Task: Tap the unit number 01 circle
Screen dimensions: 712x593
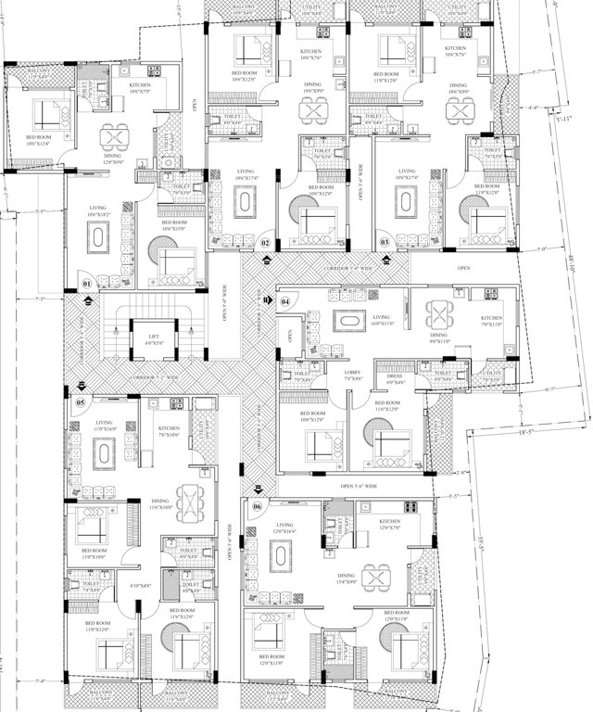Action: point(87,283)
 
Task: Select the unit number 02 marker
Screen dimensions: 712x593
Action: point(265,243)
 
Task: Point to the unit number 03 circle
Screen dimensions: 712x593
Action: point(385,243)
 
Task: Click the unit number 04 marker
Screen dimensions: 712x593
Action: point(285,301)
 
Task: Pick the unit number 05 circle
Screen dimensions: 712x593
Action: point(81,402)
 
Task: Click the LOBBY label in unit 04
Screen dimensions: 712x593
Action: point(352,375)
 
